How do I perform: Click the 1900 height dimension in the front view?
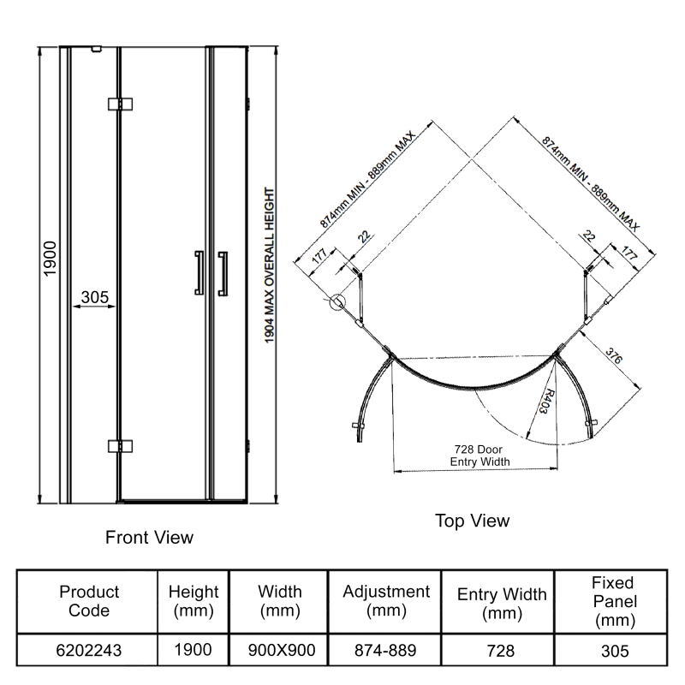click(49, 258)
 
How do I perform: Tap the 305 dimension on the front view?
click(93, 297)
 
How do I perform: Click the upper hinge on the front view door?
click(120, 104)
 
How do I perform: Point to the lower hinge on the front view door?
click(120, 446)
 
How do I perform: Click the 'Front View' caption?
click(149, 538)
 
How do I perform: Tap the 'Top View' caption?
click(472, 521)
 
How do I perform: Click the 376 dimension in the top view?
click(613, 355)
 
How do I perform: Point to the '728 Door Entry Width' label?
click(479, 456)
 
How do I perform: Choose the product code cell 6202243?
click(90, 651)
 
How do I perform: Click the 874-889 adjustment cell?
click(385, 651)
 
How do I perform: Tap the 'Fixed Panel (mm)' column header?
click(613, 602)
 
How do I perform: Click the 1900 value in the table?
click(194, 651)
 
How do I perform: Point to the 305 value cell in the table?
click(613, 651)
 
